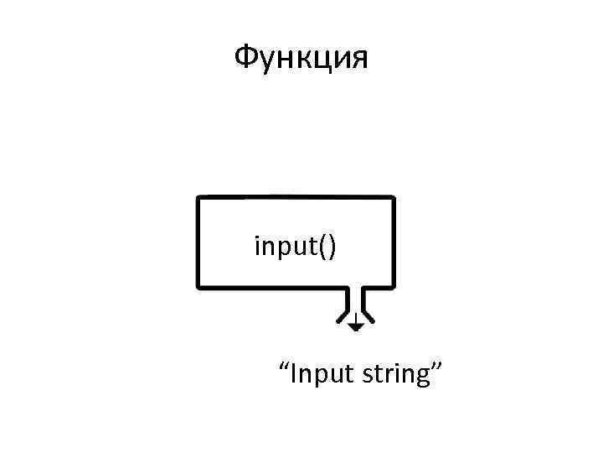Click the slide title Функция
click(300, 59)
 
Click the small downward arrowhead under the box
click(356, 325)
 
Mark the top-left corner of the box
click(198, 199)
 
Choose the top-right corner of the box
click(392, 199)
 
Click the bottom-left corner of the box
click(198, 286)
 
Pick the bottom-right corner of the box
click(392, 286)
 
